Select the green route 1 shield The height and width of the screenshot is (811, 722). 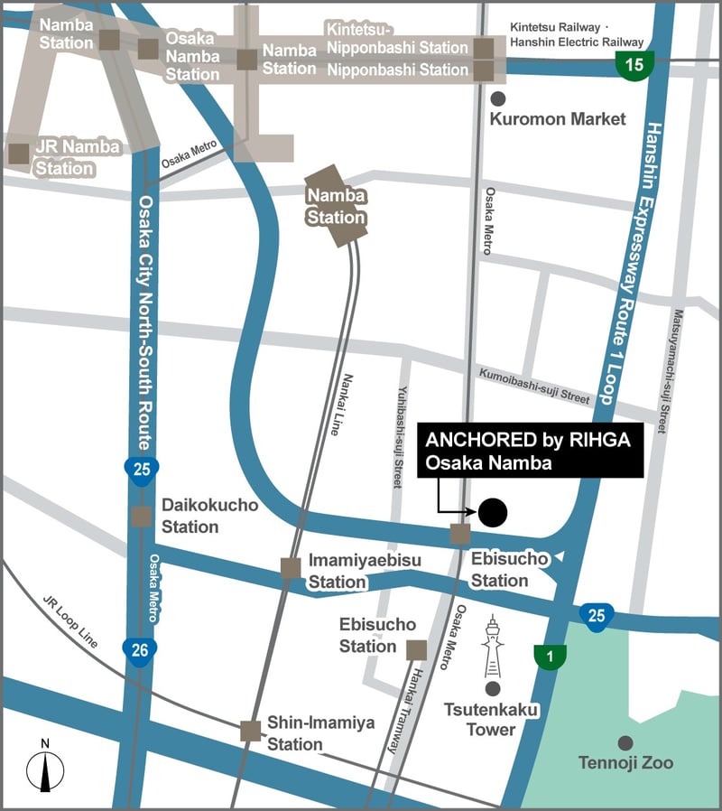[546, 657]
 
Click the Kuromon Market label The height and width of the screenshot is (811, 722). [557, 119]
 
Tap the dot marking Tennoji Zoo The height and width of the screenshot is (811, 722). [625, 742]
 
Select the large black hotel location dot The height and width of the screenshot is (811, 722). [493, 513]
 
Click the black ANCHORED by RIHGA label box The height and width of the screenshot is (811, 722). [532, 450]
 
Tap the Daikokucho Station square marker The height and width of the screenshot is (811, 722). [141, 516]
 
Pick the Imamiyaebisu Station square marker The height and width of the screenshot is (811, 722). [290, 568]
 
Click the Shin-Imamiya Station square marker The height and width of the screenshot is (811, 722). [251, 731]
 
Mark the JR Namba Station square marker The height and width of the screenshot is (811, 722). [18, 154]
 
